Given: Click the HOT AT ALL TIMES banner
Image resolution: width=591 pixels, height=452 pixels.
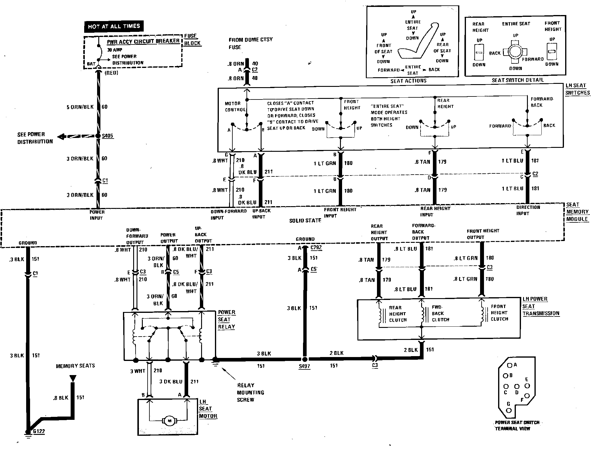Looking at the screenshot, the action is pyautogui.click(x=114, y=26).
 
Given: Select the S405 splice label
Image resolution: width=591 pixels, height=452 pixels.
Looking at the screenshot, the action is pyautogui.click(x=107, y=136).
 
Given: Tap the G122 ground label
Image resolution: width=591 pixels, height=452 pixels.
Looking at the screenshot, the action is pyautogui.click(x=39, y=432).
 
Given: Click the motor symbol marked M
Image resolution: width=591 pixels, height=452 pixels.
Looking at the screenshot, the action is pyautogui.click(x=169, y=421).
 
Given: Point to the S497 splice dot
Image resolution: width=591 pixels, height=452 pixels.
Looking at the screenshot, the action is pyautogui.click(x=305, y=359).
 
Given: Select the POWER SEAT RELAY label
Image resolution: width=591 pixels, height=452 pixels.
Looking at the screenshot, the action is pyautogui.click(x=227, y=319).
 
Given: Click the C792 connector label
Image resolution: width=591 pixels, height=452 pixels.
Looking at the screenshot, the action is pyautogui.click(x=316, y=248).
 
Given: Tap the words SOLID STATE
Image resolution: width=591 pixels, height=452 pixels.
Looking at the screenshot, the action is pyautogui.click(x=305, y=220).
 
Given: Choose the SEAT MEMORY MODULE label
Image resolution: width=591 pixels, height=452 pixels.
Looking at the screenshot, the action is pyautogui.click(x=577, y=212).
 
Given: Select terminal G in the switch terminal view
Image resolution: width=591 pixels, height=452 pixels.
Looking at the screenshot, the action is pyautogui.click(x=509, y=410).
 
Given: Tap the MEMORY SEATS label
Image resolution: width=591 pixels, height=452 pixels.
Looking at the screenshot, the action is pyautogui.click(x=75, y=366).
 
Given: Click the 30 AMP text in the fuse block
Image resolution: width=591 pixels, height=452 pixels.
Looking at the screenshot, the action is pyautogui.click(x=115, y=50).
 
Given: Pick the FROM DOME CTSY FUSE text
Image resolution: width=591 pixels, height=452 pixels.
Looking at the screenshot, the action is pyautogui.click(x=250, y=43).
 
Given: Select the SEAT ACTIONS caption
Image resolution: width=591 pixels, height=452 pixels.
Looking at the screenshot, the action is pyautogui.click(x=408, y=81).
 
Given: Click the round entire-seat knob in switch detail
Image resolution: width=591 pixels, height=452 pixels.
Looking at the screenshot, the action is pyautogui.click(x=515, y=51).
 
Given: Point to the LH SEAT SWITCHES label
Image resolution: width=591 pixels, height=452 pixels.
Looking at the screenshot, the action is pyautogui.click(x=577, y=89).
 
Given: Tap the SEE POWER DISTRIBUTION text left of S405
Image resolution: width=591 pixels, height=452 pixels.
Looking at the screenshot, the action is pyautogui.click(x=35, y=138).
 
